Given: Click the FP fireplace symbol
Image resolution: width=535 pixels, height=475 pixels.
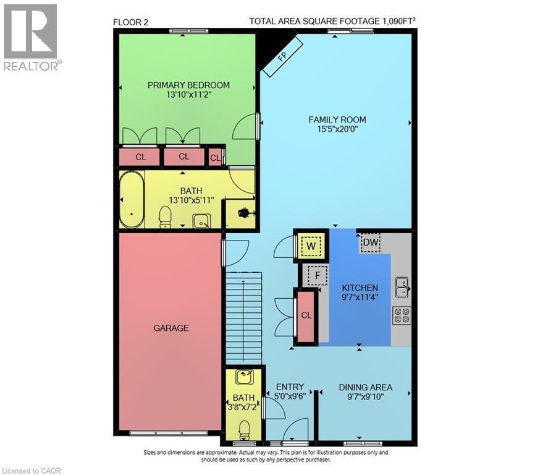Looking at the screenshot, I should pyautogui.click(x=282, y=56).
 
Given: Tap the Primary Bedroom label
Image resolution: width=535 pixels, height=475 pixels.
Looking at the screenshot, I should pyautogui.click(x=188, y=85).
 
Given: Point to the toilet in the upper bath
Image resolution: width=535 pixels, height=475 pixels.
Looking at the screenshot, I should pyautogui.click(x=166, y=216).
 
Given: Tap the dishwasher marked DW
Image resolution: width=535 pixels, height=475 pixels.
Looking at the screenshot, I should pyautogui.click(x=370, y=242).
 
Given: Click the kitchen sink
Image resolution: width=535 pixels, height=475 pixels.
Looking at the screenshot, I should pyautogui.click(x=402, y=286).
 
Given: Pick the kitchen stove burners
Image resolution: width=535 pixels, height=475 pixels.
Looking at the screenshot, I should pyautogui.click(x=402, y=315).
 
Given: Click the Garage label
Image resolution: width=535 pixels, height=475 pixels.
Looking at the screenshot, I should pyautogui.click(x=171, y=328).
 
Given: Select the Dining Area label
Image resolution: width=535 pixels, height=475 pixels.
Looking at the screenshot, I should pyautogui.click(x=365, y=388).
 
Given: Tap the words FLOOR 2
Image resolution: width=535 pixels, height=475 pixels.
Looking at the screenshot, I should pyautogui.click(x=131, y=22).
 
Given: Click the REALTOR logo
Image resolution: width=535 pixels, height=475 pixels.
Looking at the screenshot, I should pyautogui.click(x=30, y=36).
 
